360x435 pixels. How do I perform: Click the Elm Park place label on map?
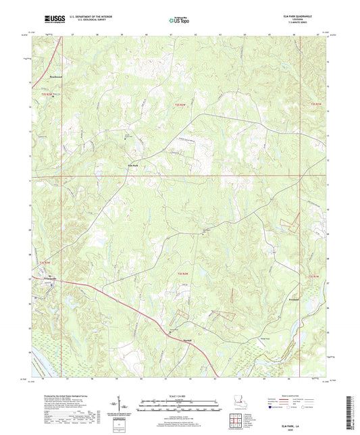coord(133,164)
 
